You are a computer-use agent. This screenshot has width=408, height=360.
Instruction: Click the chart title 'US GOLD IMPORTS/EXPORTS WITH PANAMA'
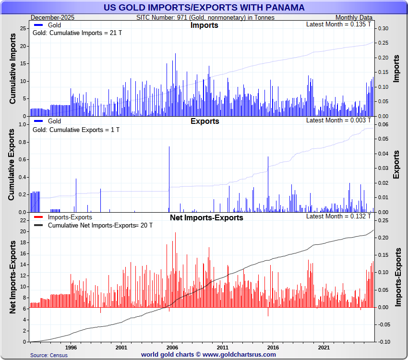coord(204,7)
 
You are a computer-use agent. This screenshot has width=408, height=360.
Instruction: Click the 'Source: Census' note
coord(48,355)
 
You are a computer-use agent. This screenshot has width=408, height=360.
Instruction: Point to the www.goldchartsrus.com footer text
coord(208,355)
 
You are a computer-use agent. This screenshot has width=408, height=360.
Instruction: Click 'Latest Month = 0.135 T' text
coord(338,24)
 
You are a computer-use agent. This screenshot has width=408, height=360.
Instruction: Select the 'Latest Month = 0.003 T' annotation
coord(338,120)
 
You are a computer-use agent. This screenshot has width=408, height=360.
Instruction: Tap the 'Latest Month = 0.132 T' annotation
coord(338,216)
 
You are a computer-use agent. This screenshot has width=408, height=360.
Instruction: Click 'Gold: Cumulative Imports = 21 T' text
coord(75,34)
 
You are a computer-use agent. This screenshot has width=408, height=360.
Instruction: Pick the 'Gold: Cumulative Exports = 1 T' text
coord(75,130)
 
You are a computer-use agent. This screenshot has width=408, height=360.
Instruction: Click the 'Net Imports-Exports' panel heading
coord(206,218)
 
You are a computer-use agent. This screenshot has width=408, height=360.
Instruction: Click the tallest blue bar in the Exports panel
coord(169,179)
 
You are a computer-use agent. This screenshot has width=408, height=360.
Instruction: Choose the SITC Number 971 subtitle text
coord(205,18)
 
